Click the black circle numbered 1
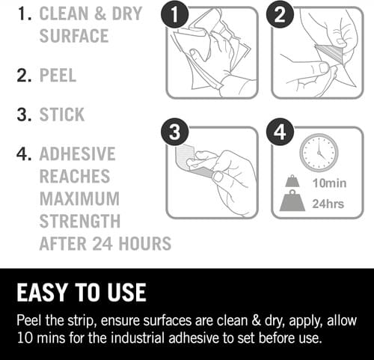[175, 13]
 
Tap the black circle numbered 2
[280, 13]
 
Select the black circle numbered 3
[175, 132]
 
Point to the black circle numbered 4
[280, 132]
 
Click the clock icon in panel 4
[319, 153]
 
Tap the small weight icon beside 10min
[292, 181]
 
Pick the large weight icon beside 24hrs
[292, 201]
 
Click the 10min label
[329, 183]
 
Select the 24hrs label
[328, 204]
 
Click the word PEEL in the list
[58, 75]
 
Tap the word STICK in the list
[62, 115]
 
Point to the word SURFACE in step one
[74, 36]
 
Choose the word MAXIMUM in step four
[79, 198]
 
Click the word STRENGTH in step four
[80, 221]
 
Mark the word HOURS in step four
[145, 243]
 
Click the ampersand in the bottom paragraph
[256, 321]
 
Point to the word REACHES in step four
[75, 176]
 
